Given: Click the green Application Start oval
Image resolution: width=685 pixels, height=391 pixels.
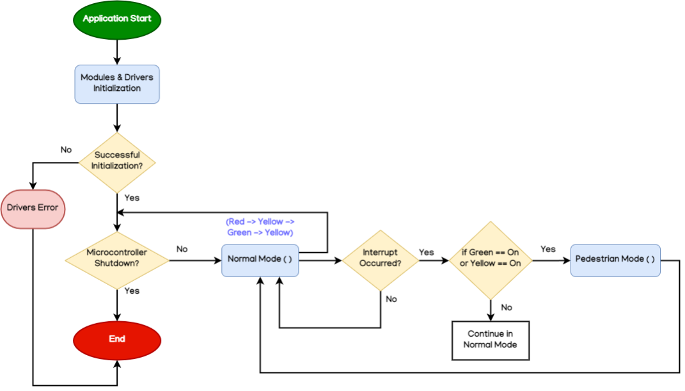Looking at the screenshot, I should tap(117, 19).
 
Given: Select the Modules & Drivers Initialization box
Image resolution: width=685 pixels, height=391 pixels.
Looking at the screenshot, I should tap(117, 83).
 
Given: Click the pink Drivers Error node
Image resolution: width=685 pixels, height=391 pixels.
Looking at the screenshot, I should tap(33, 208).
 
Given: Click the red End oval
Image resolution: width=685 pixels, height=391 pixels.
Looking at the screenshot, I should tap(117, 339).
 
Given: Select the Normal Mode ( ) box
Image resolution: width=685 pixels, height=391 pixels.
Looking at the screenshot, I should tap(260, 260).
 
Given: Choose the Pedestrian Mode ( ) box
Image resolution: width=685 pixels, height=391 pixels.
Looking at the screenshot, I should tap(615, 260).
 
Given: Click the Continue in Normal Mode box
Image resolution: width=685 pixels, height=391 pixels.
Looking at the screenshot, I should tap(491, 339).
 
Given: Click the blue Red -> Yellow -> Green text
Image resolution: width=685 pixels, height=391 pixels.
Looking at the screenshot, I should tap(260, 227).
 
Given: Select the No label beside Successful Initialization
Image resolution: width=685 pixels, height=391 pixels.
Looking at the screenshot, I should tap(67, 150).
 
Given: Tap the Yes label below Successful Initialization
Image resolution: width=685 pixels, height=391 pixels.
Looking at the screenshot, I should tap(132, 198).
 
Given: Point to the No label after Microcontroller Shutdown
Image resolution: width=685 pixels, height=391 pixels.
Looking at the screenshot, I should tap(182, 249).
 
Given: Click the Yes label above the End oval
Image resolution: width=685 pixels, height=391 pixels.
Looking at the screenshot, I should tap(132, 291).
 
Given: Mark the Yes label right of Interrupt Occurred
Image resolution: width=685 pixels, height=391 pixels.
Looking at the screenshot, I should tap(427, 252).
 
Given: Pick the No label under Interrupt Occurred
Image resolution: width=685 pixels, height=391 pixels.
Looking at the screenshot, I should tap(391, 299).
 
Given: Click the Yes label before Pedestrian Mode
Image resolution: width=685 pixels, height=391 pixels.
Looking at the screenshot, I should tap(548, 249).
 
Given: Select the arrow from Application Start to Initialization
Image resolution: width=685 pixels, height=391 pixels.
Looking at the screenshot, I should tap(117, 50).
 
